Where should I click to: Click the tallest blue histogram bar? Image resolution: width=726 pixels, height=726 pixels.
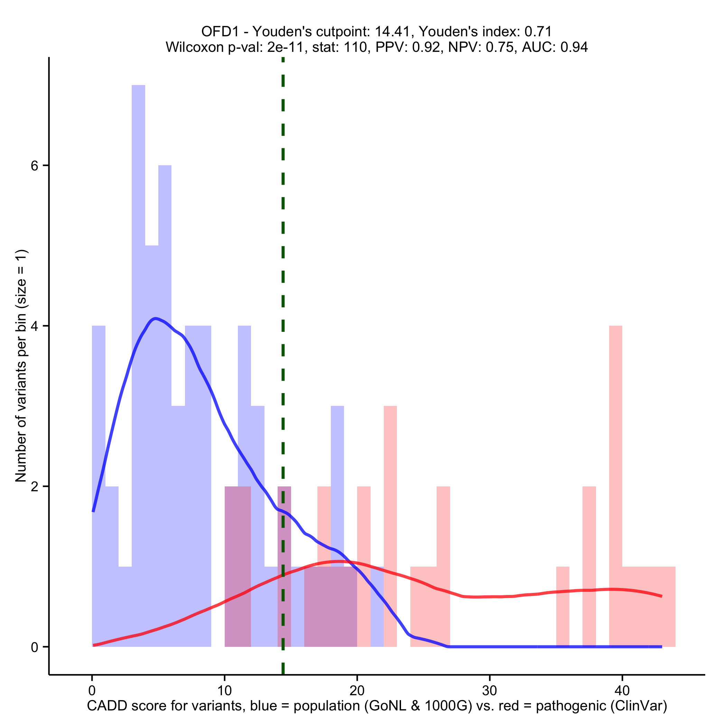click(138, 338)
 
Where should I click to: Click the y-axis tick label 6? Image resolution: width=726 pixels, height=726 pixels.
click(35, 166)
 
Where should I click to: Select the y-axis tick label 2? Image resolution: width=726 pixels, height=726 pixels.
click(35, 487)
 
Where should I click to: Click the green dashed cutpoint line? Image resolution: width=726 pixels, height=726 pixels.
click(283, 263)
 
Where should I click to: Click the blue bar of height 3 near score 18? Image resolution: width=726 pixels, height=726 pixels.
click(337, 470)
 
